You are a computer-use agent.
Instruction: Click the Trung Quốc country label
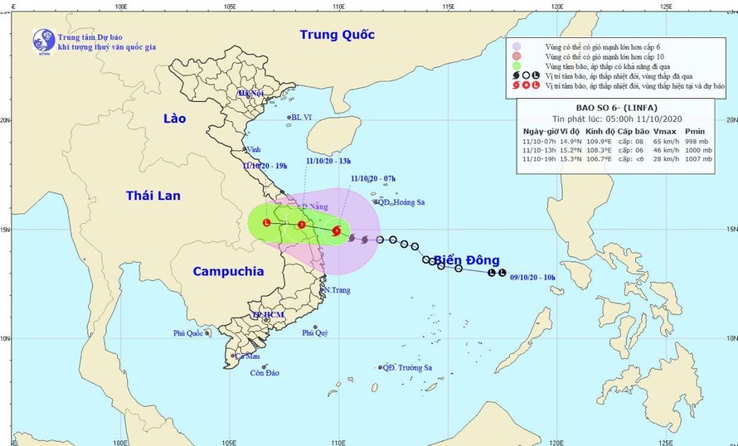(337, 35)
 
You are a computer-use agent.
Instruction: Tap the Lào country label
(174, 119)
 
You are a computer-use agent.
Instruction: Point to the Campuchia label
(227, 271)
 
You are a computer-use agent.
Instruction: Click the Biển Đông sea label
(466, 261)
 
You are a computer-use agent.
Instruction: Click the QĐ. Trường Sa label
(408, 367)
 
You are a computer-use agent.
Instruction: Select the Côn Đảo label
(265, 373)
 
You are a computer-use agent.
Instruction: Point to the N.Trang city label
(337, 290)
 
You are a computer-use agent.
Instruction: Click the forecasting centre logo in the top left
(43, 39)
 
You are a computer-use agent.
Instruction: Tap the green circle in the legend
(517, 65)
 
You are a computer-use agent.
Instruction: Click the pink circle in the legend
(517, 56)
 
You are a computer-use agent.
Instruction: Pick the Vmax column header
(665, 131)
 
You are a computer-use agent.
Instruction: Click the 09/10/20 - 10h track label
(538, 277)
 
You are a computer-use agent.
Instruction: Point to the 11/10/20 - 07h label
(373, 178)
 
